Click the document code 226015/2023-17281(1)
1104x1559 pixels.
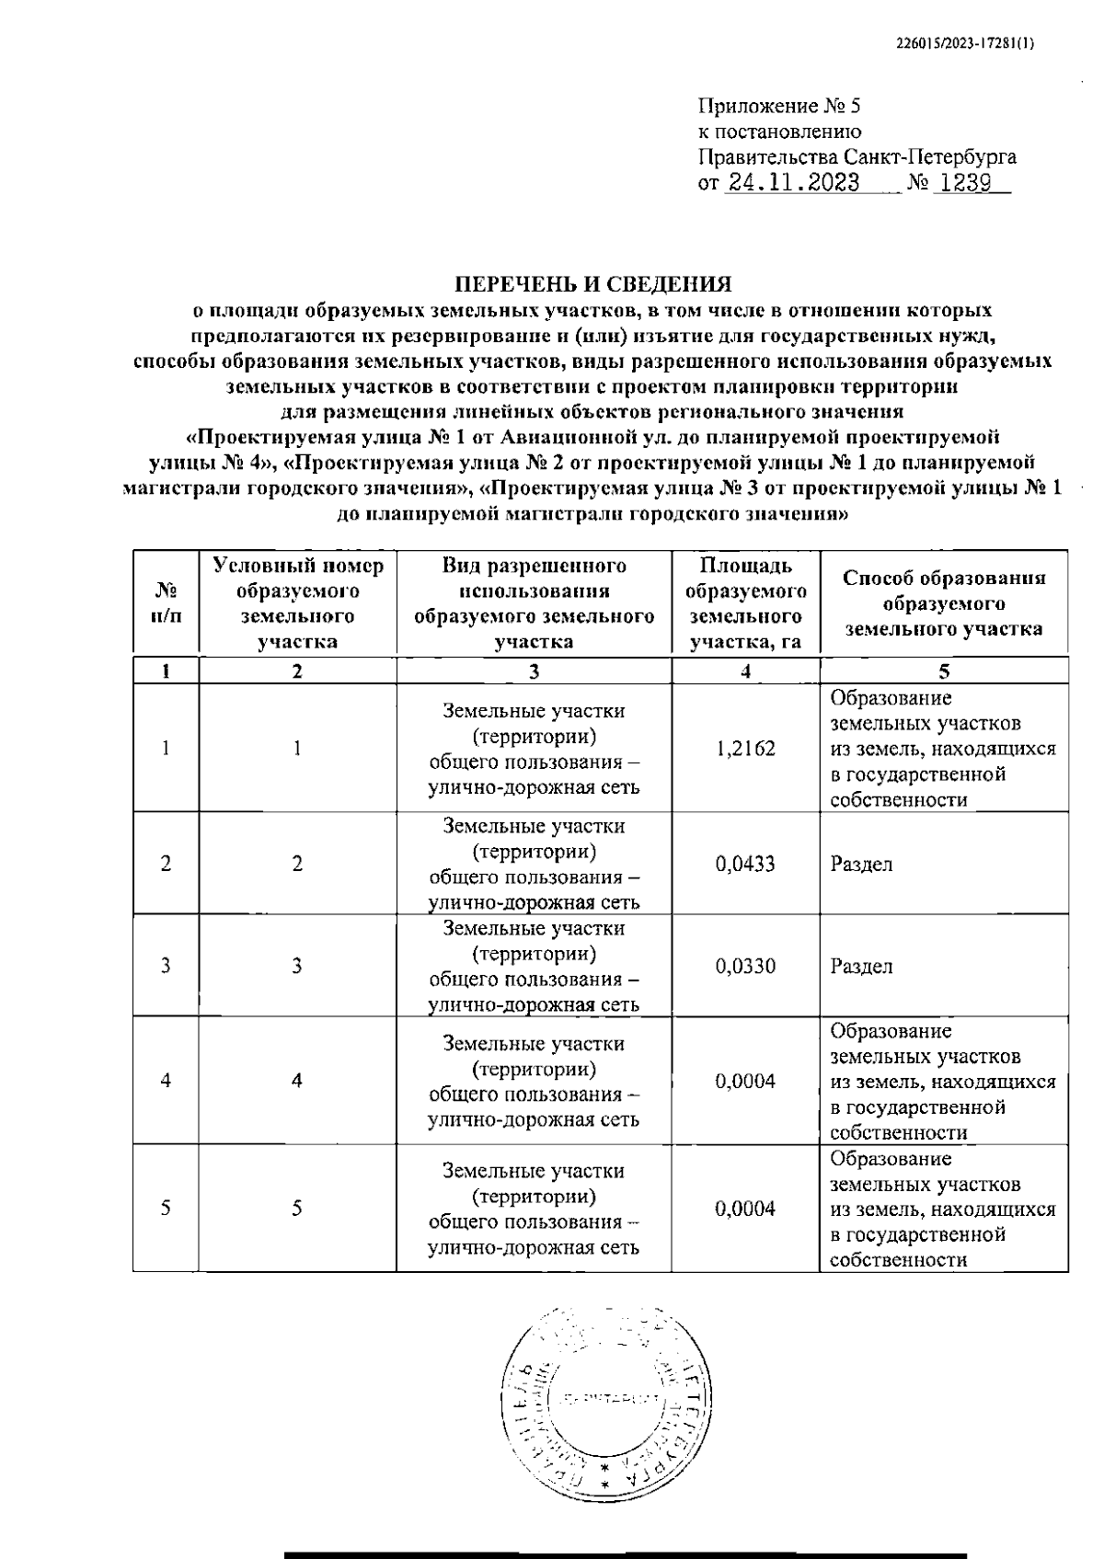pos(965,42)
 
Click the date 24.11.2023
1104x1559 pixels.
pos(792,182)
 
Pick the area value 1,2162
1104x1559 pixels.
pos(745,749)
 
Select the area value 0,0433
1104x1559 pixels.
pos(745,864)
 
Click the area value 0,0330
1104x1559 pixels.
pos(745,966)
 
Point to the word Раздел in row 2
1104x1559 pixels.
pos(861,865)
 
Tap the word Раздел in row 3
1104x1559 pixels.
pos(861,967)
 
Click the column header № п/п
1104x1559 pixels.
pos(166,603)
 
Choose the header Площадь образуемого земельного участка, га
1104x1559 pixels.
pos(745,603)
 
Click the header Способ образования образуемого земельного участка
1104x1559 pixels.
pos(944,603)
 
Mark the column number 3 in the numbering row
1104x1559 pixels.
pos(534,671)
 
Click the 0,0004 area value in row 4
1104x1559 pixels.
pos(745,1081)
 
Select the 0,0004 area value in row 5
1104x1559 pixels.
pos(745,1209)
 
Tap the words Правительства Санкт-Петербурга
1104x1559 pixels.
pos(857,156)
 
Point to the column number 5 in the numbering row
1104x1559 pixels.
pos(944,671)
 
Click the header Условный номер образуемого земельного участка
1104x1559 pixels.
pos(297,603)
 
